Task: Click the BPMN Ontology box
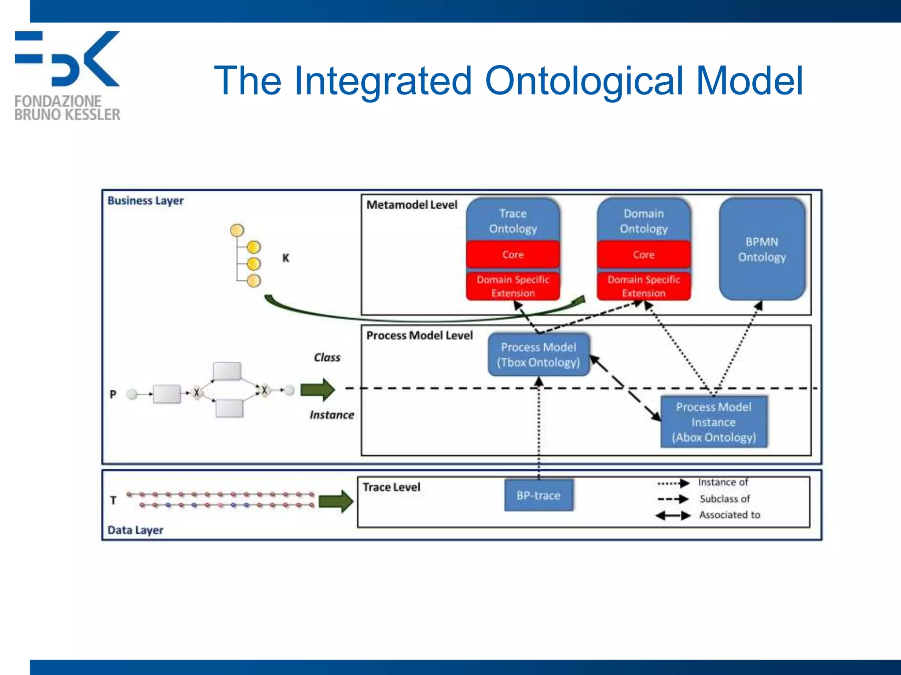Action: coord(762,249)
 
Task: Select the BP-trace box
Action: coord(538,495)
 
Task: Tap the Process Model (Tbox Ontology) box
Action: coord(538,355)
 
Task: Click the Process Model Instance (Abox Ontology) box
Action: coord(714,422)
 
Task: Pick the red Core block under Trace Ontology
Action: coord(513,254)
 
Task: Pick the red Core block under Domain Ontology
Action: coord(644,254)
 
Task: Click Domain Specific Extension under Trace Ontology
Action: coord(513,286)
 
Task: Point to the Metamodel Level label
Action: coord(412,205)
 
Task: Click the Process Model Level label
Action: coord(419,335)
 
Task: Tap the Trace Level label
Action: coord(391,487)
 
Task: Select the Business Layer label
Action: coord(145,200)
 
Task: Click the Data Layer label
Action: coord(135,530)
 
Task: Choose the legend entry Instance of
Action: coord(723,483)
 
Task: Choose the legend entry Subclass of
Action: coord(725,499)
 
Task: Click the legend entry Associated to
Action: coord(729,515)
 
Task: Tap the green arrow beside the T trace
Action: coord(336,501)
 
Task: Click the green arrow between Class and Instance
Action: coord(318,389)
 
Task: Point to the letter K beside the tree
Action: coord(286,258)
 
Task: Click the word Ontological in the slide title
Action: coord(584,80)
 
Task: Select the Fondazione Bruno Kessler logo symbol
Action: coord(67,58)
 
